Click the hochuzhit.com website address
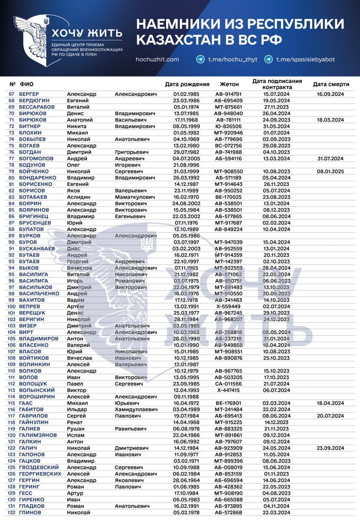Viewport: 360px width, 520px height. (x=157, y=59)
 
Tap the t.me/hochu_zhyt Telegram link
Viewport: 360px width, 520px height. (x=233, y=59)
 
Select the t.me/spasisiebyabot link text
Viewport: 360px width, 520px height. (x=306, y=59)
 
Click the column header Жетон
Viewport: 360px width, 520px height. (x=229, y=84)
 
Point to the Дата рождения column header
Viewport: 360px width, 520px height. (x=187, y=84)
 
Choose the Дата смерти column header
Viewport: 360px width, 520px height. (x=331, y=84)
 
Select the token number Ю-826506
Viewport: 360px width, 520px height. (x=228, y=126)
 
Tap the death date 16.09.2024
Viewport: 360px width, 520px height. (x=330, y=94)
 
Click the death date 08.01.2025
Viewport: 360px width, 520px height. (x=330, y=171)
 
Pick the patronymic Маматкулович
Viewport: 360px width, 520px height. (x=135, y=197)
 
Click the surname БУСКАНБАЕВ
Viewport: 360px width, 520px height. (x=37, y=249)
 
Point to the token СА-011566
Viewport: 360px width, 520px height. (x=228, y=383)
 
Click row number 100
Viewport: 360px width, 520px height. (x=11, y=306)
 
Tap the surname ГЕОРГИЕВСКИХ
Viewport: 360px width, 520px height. (x=40, y=474)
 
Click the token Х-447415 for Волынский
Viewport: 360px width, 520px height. (x=228, y=390)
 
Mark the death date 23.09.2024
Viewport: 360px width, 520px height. (x=330, y=448)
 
